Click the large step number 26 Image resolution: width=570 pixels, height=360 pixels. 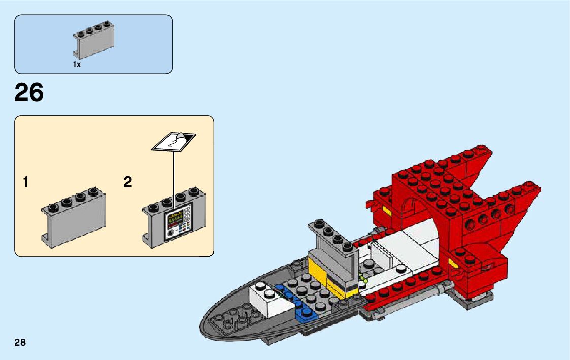click(x=29, y=93)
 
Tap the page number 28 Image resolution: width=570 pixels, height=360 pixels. click(x=20, y=342)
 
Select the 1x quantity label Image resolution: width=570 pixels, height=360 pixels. click(x=77, y=65)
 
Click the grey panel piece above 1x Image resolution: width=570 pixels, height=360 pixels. click(x=94, y=42)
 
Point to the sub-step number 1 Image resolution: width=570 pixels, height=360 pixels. click(x=26, y=182)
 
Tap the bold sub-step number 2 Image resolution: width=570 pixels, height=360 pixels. click(x=127, y=182)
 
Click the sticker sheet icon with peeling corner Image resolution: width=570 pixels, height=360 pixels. click(x=174, y=141)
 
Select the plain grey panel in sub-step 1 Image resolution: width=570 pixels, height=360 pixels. click(x=74, y=219)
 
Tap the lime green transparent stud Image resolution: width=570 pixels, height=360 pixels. click(x=363, y=278)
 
